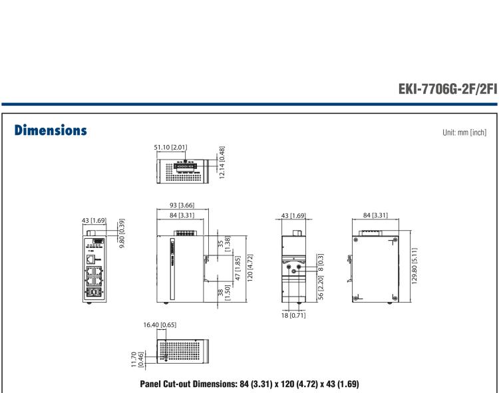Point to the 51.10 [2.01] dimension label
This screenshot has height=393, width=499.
[x=174, y=148]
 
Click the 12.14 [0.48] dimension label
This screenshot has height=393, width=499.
[x=221, y=162]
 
